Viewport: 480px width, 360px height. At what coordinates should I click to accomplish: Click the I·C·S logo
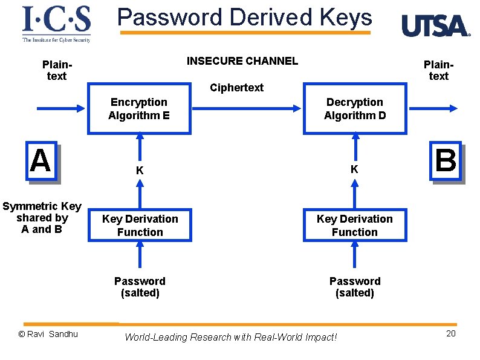tap(56, 24)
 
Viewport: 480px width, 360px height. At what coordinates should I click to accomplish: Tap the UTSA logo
tap(435, 26)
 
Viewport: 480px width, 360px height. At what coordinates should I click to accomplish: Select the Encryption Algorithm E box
tap(140, 108)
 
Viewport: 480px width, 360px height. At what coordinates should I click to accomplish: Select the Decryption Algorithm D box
tap(355, 108)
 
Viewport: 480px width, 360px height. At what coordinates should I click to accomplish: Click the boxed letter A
tap(41, 161)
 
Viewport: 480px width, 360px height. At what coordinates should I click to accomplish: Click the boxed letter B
tap(446, 161)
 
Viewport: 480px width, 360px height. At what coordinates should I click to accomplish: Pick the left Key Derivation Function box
tap(140, 225)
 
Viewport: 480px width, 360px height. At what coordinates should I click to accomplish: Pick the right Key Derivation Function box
tap(355, 225)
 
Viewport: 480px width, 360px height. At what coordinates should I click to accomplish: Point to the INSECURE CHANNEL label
tap(242, 61)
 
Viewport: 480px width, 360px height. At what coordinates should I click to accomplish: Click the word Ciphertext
tap(236, 88)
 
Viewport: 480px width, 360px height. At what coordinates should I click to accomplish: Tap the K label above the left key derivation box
tap(140, 171)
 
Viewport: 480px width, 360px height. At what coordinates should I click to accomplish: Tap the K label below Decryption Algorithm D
tap(355, 169)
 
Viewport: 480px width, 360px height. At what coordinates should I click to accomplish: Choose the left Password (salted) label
tap(140, 287)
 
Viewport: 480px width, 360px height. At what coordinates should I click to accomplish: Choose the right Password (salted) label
tap(355, 287)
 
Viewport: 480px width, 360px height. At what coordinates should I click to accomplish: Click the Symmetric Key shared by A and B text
tap(42, 218)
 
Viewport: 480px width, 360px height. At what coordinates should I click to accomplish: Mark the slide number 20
tap(450, 333)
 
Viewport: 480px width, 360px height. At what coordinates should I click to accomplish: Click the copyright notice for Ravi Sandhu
tap(48, 334)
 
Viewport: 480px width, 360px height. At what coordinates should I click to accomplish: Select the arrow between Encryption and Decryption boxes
tap(248, 108)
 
